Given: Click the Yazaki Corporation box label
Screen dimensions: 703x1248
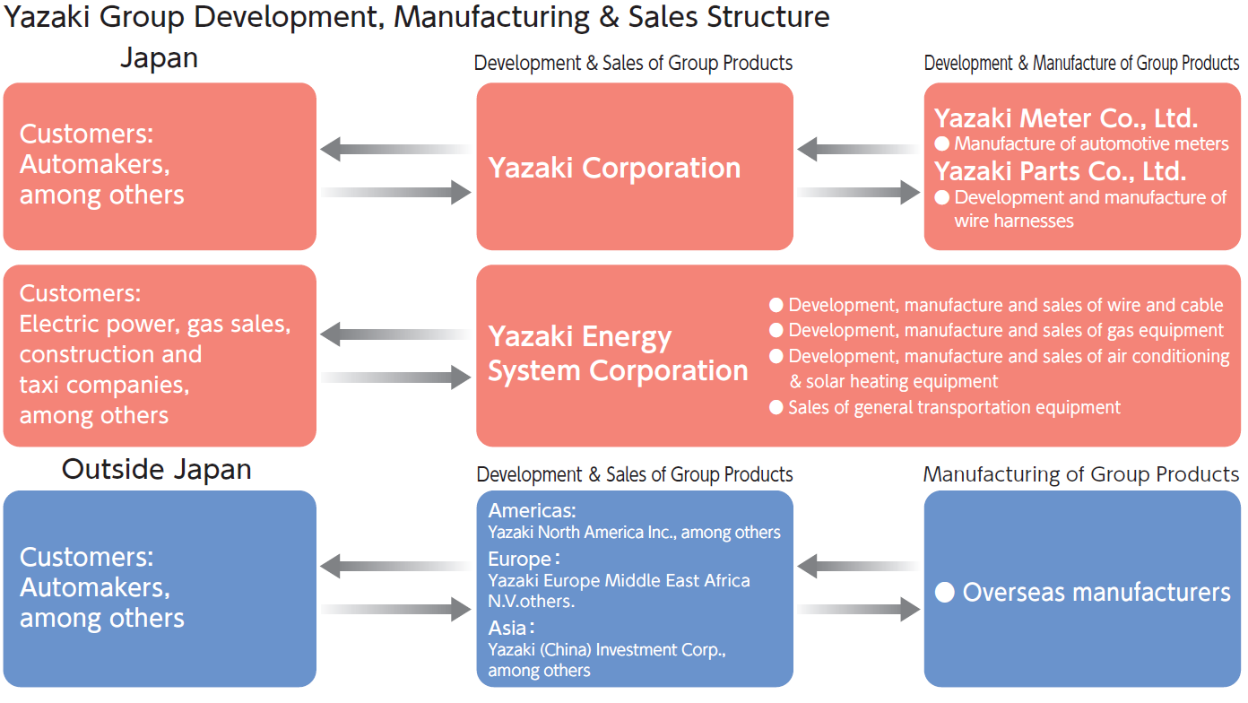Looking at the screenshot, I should pos(614,168).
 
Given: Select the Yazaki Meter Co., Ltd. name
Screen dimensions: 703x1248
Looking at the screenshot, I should pos(1066,118).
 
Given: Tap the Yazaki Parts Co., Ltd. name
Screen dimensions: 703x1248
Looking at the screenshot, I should pos(1060,170).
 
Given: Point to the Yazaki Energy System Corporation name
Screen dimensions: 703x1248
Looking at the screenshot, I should pos(618,354).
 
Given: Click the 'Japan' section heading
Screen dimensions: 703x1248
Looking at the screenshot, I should pos(159,58).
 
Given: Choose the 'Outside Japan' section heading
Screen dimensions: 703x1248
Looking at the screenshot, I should pos(156,470).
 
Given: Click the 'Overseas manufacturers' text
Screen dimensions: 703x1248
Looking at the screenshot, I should pos(1096,592).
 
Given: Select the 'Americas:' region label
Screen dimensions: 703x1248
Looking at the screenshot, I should pos(532,511).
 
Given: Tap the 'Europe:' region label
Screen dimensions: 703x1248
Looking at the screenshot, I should pos(524,560).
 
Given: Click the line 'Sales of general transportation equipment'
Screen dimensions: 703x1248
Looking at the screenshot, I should pos(954,408).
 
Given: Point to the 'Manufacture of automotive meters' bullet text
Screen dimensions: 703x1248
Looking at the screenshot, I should pos(1091,143).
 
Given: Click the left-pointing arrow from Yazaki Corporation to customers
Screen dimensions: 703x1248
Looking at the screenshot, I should pos(395,148).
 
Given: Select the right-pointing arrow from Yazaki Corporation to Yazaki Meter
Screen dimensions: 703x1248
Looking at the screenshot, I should pos(859,192).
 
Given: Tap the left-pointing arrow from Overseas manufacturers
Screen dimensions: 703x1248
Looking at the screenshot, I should pos(857,566).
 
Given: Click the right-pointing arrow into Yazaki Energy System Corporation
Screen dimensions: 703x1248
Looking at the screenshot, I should pos(395,378).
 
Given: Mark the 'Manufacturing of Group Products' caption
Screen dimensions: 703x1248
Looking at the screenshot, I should pos(1081,474).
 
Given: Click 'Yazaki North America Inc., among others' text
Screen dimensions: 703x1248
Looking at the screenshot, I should pos(634,533).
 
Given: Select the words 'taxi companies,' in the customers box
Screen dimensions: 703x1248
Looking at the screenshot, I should pos(104,386).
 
